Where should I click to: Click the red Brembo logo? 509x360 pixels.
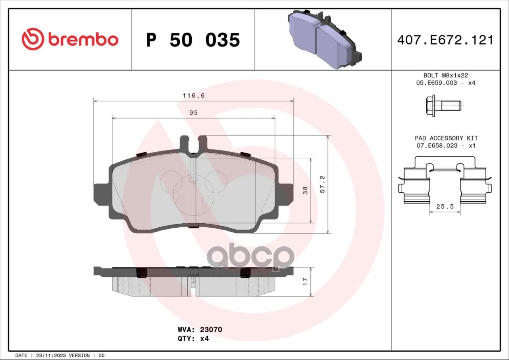(70, 39)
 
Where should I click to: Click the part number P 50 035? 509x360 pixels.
(193, 40)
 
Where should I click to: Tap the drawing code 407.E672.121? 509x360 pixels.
(445, 40)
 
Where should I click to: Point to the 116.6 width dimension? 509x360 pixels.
(194, 95)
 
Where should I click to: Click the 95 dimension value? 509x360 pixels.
(193, 113)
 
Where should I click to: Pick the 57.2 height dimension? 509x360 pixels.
(322, 184)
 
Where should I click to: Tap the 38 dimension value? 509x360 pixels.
(305, 190)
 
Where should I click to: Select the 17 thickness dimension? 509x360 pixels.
(305, 281)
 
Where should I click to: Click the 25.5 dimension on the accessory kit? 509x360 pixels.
(445, 207)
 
